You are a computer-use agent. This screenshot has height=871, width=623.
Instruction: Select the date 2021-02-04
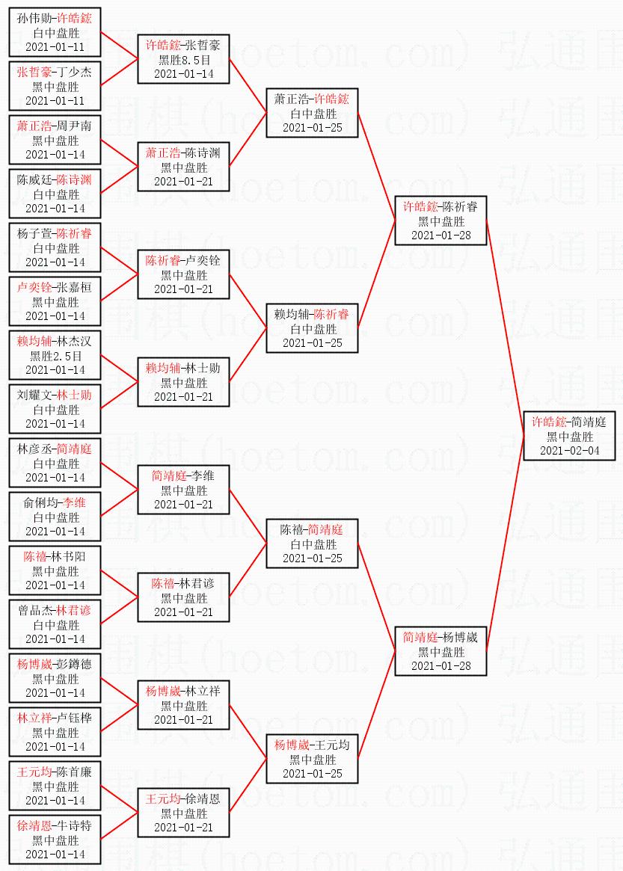[570, 450]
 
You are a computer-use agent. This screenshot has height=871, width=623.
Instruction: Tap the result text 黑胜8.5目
[184, 60]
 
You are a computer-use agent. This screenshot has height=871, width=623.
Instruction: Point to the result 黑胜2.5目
[55, 356]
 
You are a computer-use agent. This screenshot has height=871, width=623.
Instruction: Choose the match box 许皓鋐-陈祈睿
[441, 221]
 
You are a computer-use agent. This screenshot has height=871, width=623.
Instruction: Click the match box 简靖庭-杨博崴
[441, 651]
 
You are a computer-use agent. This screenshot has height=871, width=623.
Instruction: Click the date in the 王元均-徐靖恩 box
[184, 827]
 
